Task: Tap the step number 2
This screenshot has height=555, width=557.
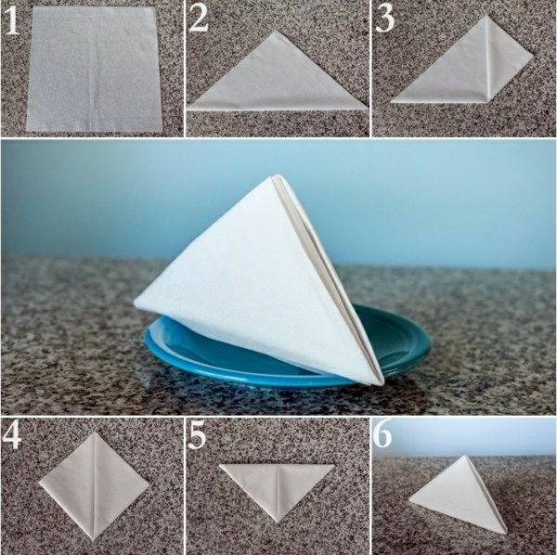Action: [x=199, y=19]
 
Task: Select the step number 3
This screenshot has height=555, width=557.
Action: [x=384, y=19]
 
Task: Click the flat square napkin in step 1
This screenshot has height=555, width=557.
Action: [x=94, y=69]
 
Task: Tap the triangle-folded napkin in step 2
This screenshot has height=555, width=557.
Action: [x=277, y=72]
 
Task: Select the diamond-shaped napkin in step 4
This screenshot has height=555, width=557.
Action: [x=94, y=485]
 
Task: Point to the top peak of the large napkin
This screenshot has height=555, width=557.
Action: [x=277, y=175]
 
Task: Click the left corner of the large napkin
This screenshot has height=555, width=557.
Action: [x=135, y=303]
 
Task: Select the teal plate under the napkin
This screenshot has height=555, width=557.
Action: [x=288, y=350]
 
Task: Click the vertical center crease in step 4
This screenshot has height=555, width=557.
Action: [x=95, y=486]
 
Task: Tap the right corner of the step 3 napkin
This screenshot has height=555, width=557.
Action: [x=533, y=56]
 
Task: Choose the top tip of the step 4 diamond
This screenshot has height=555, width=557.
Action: [x=94, y=432]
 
